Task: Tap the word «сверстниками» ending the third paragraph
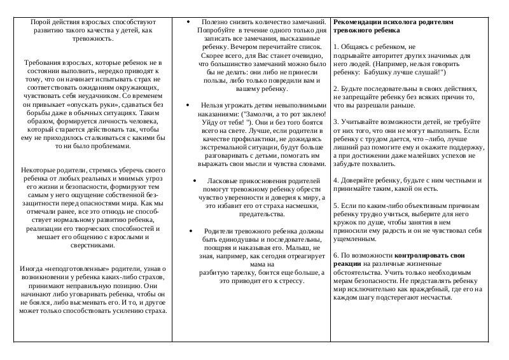click(92, 246)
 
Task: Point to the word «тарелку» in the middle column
click(235, 272)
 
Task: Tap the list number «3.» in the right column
click(337, 121)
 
